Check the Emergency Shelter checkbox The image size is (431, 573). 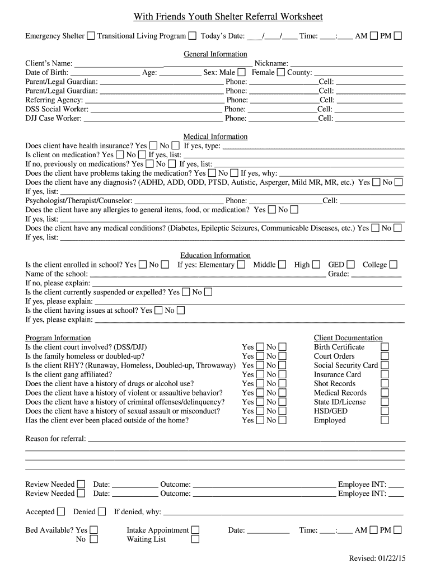91,36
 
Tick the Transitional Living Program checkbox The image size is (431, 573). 192,36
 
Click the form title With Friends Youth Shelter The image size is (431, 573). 228,17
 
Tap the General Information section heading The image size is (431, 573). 215,54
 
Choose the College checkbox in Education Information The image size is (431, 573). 393,265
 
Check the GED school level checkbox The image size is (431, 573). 350,265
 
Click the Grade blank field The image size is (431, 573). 376,274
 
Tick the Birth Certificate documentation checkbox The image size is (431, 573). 385,347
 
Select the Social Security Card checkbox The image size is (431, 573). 385,365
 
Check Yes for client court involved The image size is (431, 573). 260,347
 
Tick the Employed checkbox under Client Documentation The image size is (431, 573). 385,420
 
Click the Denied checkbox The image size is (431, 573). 102,511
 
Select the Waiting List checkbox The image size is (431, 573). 195,539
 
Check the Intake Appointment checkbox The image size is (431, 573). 195,530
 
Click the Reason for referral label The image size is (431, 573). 55,439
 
